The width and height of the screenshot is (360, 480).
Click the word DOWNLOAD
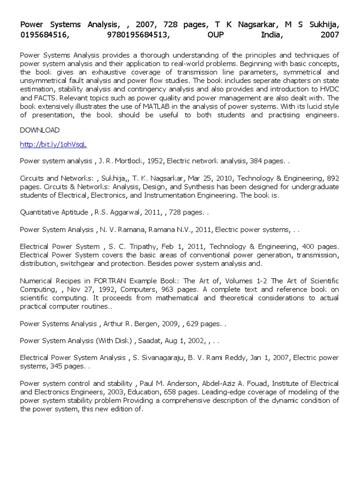pos(40,130)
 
